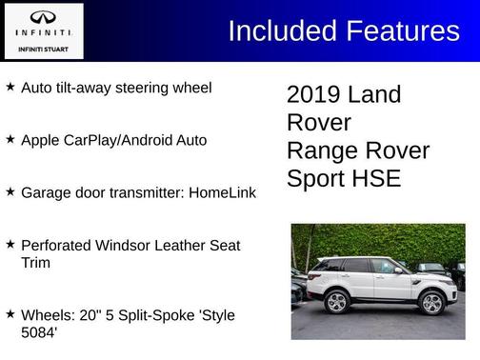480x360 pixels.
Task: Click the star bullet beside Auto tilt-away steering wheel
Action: pyautogui.click(x=10, y=87)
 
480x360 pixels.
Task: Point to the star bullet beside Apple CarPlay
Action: pyautogui.click(x=10, y=139)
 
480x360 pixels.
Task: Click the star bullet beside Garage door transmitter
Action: pyautogui.click(x=10, y=191)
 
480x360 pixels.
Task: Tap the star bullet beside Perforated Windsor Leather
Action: pyautogui.click(x=10, y=244)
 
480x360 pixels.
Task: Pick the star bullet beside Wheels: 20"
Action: pyautogui.click(x=10, y=313)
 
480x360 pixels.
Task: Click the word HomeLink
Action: pyautogui.click(x=222, y=192)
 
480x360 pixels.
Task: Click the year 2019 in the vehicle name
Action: pyautogui.click(x=314, y=95)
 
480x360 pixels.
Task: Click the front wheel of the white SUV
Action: pyautogui.click(x=431, y=302)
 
